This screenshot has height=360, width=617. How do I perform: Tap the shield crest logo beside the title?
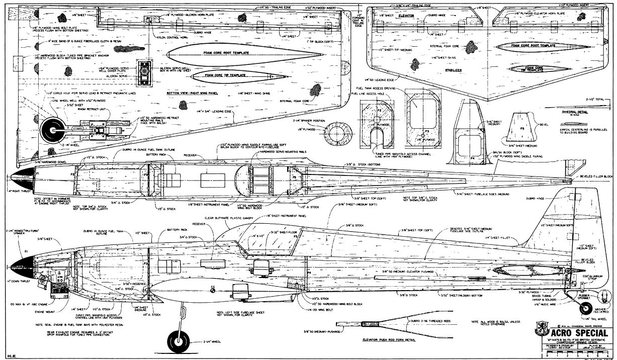click(541, 332)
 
